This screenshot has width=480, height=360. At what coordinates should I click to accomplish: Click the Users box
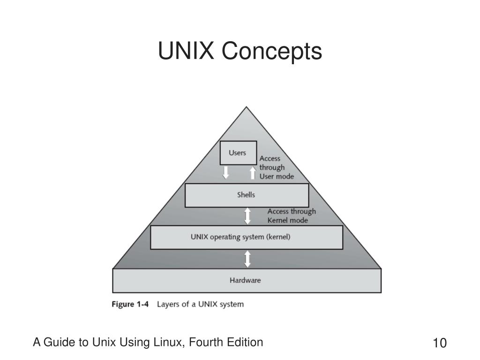click(x=238, y=153)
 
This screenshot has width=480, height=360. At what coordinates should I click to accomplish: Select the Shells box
click(x=247, y=195)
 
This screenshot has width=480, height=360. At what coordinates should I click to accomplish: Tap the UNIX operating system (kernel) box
click(x=246, y=237)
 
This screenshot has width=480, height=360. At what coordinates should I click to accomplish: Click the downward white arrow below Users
click(x=226, y=172)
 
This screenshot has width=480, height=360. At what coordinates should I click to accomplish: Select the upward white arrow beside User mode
click(x=253, y=172)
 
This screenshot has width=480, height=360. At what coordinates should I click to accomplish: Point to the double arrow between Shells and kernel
click(x=247, y=216)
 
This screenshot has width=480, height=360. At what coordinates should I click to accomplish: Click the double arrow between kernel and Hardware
click(x=247, y=259)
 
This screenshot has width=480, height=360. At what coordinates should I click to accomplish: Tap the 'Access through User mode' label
click(x=277, y=167)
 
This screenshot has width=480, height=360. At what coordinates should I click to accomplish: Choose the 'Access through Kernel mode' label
click(x=292, y=216)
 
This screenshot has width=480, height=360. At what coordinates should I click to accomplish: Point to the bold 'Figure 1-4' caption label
click(x=130, y=304)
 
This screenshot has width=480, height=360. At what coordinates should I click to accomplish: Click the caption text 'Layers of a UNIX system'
click(x=200, y=304)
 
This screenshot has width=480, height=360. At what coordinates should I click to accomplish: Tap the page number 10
click(x=440, y=343)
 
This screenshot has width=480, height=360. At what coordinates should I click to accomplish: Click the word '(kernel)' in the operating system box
click(x=278, y=237)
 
